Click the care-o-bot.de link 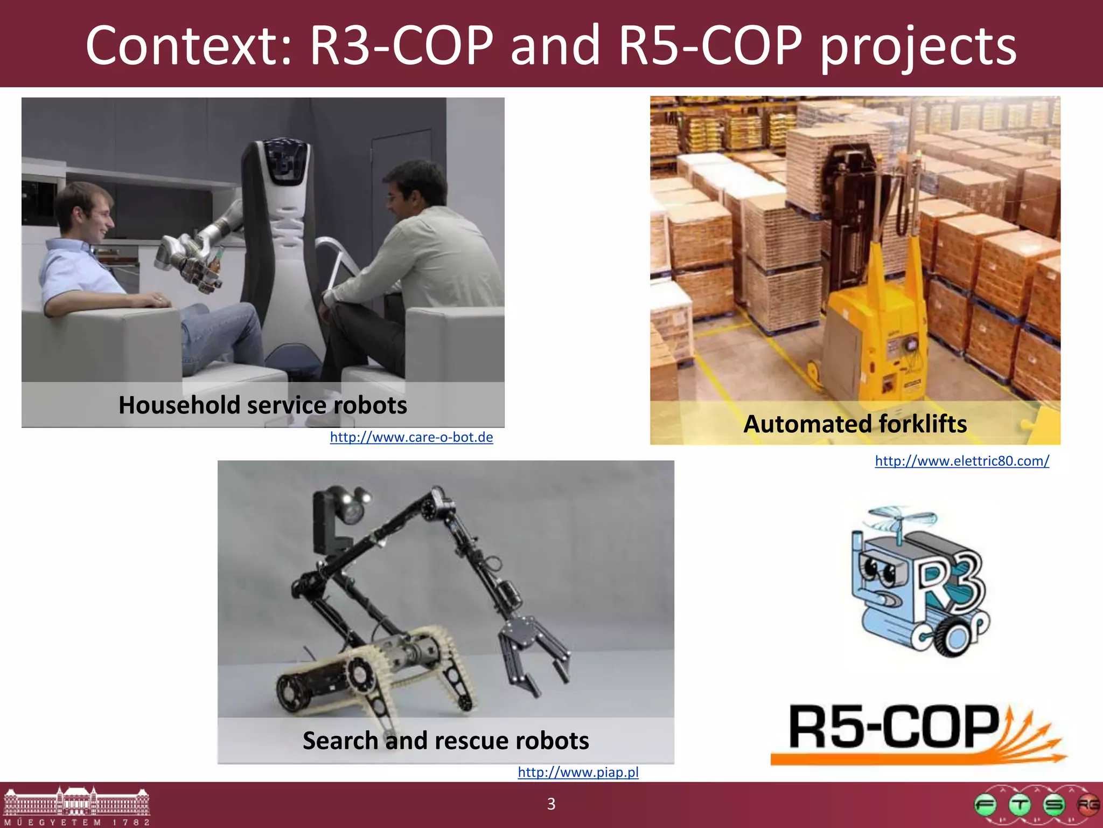[x=411, y=437]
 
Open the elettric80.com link [x=962, y=461]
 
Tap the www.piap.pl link [x=578, y=772]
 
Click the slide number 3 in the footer [x=551, y=804]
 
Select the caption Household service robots [x=263, y=405]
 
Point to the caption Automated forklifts [x=855, y=424]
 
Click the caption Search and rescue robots [x=445, y=741]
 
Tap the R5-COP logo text [x=894, y=728]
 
